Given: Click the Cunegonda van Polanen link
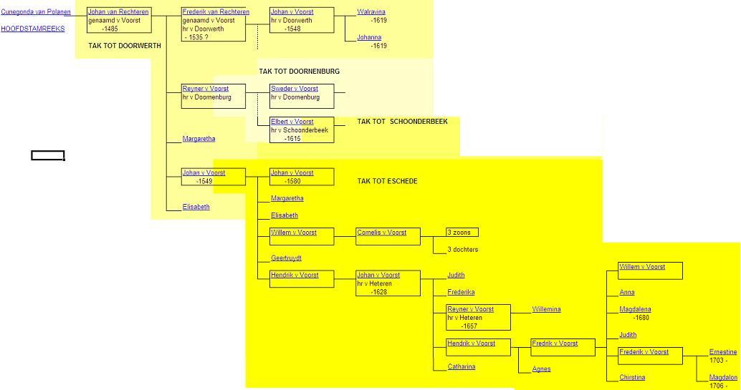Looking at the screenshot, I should tap(36, 12).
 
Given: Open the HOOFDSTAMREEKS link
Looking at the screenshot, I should tap(33, 29).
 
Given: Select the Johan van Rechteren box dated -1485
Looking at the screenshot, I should tap(118, 20).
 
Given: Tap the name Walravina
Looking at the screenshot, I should tap(371, 12).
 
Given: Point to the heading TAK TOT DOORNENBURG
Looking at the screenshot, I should tap(300, 72).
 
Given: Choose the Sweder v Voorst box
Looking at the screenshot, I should tap(302, 97).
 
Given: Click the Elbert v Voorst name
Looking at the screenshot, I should tap(292, 122).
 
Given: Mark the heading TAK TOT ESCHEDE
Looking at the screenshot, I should tap(387, 181).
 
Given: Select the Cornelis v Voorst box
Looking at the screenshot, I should tap(388, 236).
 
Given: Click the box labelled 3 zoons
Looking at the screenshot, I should tap(462, 233).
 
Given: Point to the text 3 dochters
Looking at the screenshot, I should tap(462, 250).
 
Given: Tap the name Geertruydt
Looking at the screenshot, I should tap(286, 258).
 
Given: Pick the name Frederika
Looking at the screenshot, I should tap(461, 293).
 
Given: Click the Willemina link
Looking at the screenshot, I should tap(546, 310).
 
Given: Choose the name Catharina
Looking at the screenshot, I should tap(462, 367).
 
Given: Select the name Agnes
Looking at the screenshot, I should tap(541, 369).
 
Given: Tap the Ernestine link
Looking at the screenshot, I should tap(722, 352).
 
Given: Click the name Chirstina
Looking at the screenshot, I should tap(632, 378).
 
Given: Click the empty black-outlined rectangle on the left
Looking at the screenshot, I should tap(48, 156).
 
